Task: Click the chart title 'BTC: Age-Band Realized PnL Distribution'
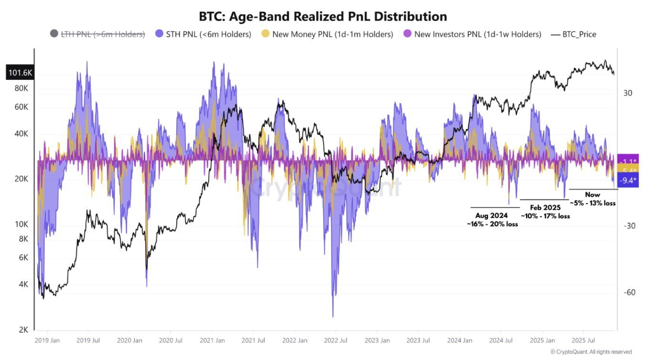(323, 16)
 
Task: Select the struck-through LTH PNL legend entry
(98, 34)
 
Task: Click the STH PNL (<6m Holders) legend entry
(204, 34)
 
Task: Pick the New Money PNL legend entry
(327, 34)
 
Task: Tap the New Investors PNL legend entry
(473, 34)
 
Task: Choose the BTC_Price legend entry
(574, 34)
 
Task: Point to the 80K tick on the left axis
(21, 88)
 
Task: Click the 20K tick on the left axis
(21, 179)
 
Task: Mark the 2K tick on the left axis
(23, 330)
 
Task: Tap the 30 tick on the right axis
(628, 93)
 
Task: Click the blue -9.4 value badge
(627, 180)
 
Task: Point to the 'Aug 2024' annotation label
(492, 215)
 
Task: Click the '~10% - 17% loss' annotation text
(545, 216)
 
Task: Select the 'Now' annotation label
(592, 195)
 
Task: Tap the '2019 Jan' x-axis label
(47, 341)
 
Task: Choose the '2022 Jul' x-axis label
(336, 341)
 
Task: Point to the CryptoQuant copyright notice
(591, 352)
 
